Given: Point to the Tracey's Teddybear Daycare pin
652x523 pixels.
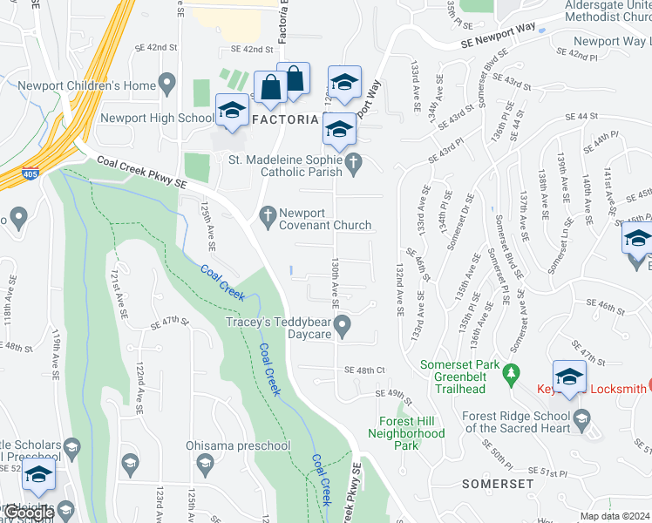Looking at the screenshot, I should tap(343, 327).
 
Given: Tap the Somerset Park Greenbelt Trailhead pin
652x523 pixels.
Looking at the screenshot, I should tap(514, 371).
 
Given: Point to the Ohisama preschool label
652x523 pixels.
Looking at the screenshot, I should tap(237, 446).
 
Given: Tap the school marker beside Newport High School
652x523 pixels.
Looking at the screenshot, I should tap(232, 113).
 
